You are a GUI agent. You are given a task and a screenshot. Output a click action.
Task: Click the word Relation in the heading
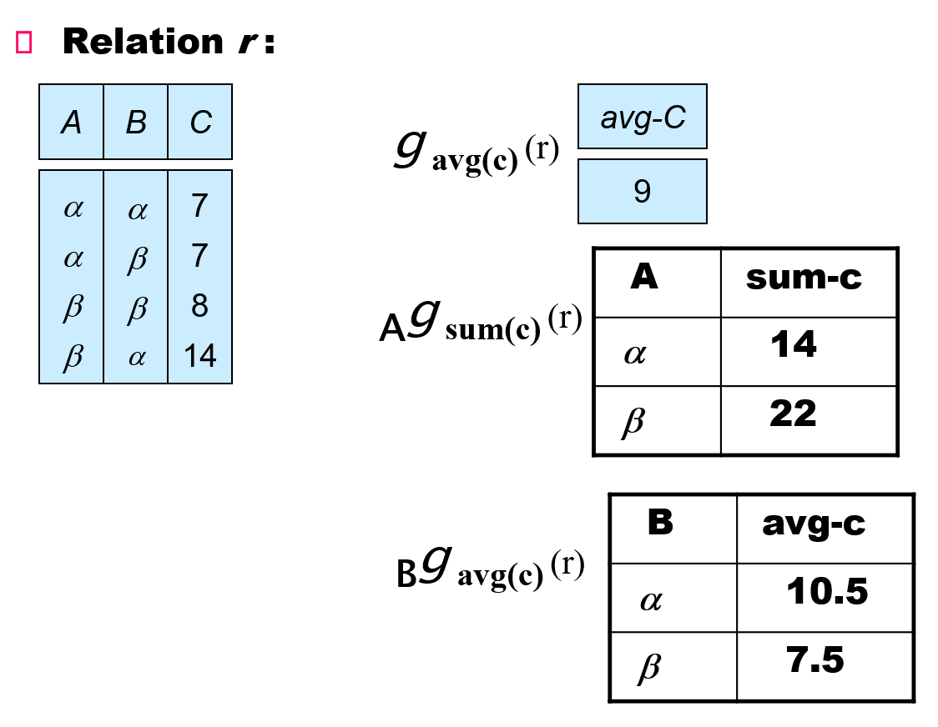(x=142, y=42)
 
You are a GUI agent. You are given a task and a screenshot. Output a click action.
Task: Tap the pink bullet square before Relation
(x=23, y=43)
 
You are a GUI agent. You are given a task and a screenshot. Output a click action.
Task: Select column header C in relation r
(x=200, y=123)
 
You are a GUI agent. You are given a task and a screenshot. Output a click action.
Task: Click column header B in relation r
(x=135, y=123)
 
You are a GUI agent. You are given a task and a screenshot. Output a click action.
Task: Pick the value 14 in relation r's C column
(x=199, y=356)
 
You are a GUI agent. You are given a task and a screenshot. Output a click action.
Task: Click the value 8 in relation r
(x=199, y=307)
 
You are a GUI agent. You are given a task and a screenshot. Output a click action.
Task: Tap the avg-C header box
(x=643, y=118)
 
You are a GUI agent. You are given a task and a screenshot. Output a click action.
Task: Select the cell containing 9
(x=643, y=193)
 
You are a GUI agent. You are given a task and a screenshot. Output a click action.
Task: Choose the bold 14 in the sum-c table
(x=793, y=344)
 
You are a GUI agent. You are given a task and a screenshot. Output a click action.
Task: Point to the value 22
(x=793, y=413)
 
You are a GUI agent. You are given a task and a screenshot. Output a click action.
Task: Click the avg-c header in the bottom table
(x=814, y=524)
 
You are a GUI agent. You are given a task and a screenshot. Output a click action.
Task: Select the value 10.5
(x=826, y=592)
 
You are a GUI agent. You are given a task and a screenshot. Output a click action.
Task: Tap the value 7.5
(x=814, y=660)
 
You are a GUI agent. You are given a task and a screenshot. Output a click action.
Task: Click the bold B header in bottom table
(x=660, y=523)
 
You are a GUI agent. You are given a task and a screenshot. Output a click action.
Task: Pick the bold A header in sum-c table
(x=643, y=277)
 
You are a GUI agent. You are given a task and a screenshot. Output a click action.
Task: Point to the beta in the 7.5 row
(x=648, y=667)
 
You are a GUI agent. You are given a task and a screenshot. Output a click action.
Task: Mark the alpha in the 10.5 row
(x=650, y=599)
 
